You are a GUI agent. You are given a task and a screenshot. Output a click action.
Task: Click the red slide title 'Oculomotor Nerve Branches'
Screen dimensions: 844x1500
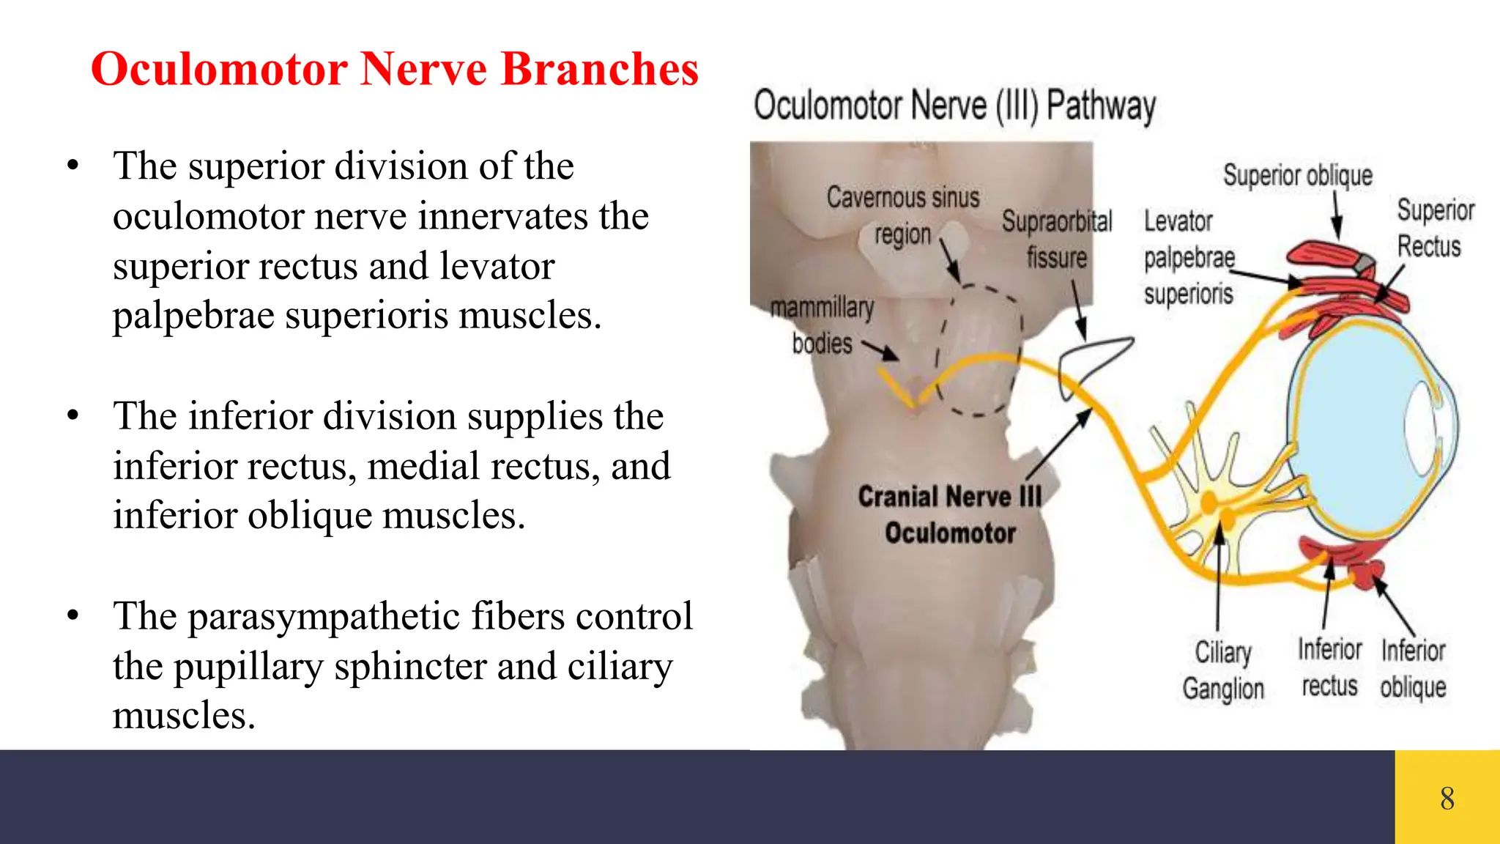click(395, 70)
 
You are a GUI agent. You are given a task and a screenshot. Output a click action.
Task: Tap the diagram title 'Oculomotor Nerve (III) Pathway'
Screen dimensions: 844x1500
click(954, 105)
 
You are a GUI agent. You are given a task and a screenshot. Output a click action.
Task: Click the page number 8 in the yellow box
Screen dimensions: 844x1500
click(1447, 798)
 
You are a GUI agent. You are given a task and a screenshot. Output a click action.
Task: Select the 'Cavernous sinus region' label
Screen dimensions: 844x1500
click(902, 216)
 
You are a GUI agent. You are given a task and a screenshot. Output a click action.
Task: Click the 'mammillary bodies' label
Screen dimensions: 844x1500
click(822, 325)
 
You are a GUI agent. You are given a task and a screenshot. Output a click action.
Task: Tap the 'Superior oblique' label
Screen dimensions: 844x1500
click(1297, 176)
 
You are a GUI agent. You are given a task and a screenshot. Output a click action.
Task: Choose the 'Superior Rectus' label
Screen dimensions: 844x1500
click(1434, 228)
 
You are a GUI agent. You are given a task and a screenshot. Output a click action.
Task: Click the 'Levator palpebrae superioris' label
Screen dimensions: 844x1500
click(1188, 257)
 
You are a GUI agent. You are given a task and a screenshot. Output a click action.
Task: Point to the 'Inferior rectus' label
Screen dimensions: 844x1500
click(1329, 667)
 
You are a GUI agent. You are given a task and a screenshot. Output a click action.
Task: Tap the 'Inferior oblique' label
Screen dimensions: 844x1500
click(1413, 668)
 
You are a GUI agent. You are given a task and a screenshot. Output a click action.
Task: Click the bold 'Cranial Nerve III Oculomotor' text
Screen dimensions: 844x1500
click(950, 514)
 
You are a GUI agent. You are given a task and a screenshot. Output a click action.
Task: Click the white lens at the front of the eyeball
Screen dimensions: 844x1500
click(1420, 424)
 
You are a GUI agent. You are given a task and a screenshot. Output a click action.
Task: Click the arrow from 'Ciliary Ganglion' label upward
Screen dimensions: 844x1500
click(1219, 579)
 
